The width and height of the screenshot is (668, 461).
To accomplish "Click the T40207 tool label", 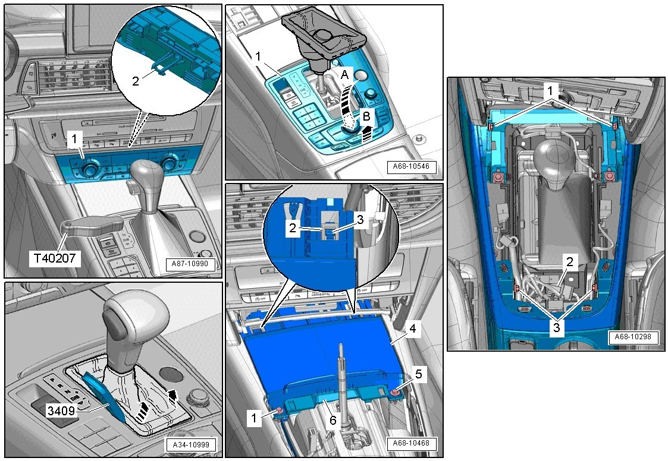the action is [55, 257].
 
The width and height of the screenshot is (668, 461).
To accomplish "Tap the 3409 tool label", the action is [61, 411].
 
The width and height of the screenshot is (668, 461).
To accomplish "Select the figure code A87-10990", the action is [190, 264].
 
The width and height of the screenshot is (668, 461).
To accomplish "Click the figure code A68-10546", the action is [412, 167].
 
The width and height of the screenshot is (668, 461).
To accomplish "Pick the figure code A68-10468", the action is [411, 443].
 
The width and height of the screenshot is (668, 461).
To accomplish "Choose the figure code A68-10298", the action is [633, 337].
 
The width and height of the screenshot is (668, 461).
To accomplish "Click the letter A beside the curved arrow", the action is [345, 75].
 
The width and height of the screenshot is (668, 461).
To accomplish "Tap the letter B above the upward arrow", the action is [366, 115].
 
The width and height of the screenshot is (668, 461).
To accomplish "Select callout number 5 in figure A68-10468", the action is [419, 374].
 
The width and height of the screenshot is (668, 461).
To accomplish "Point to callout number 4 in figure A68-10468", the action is [412, 329].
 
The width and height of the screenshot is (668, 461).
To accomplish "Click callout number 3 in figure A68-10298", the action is [556, 328].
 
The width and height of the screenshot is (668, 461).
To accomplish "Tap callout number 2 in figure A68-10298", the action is [570, 262].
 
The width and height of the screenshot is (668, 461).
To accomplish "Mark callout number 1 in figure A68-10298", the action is [550, 90].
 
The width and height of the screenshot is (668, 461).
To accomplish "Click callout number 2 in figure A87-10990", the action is [136, 80].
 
